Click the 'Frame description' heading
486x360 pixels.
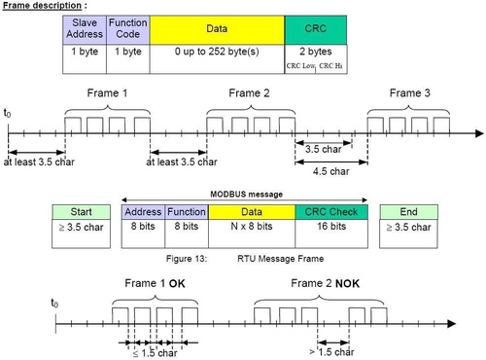[x=43, y=6]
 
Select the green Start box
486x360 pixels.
[x=78, y=211]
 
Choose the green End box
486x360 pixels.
[x=407, y=211]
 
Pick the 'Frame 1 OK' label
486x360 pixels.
[x=155, y=283]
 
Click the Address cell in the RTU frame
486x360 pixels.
[x=142, y=211]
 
